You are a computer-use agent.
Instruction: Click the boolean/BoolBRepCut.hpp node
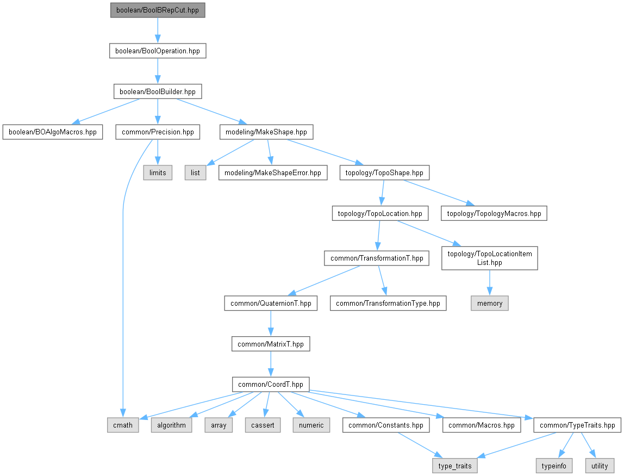tap(158, 10)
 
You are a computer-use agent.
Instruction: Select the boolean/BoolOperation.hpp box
tap(158, 51)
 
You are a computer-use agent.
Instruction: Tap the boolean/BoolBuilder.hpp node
tap(158, 91)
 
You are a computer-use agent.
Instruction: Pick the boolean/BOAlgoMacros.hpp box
tap(53, 132)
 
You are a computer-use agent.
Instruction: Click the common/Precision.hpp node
tap(158, 132)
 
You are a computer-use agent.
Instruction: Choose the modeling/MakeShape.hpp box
tap(266, 132)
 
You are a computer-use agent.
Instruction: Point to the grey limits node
tap(158, 173)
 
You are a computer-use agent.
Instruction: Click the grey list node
tap(195, 173)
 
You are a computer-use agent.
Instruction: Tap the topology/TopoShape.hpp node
tap(384, 173)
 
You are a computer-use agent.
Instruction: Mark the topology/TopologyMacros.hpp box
tap(494, 214)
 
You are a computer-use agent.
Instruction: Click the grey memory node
tap(490, 304)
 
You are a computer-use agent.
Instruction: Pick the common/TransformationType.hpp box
tap(388, 304)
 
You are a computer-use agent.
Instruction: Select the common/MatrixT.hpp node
tap(271, 344)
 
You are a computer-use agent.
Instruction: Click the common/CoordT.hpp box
tap(271, 385)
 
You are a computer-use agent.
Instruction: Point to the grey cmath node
tap(123, 425)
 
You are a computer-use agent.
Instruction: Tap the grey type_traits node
tap(455, 466)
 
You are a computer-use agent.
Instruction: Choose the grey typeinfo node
tap(554, 466)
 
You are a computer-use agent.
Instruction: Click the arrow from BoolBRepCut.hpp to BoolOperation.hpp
tap(158, 30)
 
